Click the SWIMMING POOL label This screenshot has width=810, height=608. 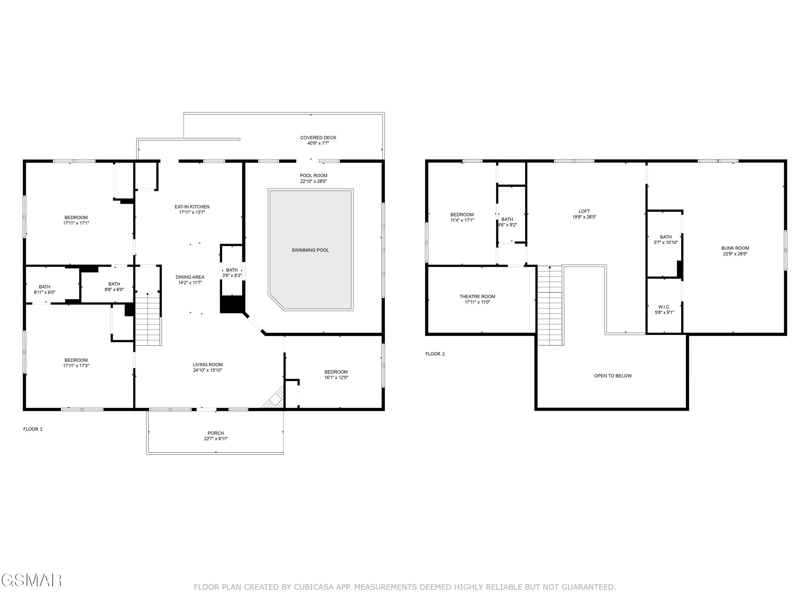click(310, 250)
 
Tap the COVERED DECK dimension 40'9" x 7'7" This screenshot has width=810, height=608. click(318, 143)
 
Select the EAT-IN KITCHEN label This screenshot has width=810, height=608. click(192, 207)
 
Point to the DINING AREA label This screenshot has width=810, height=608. click(190, 277)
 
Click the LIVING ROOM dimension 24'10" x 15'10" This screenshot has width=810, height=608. click(208, 370)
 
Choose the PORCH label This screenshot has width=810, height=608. click(216, 433)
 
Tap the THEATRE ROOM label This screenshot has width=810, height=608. click(477, 296)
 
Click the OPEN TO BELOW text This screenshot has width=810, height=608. click(613, 376)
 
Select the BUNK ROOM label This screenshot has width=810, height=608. click(735, 248)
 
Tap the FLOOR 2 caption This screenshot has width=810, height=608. click(435, 354)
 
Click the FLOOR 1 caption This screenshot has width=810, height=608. click(33, 429)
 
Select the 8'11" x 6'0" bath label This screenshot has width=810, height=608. click(45, 292)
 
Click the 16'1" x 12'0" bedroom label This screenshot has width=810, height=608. click(336, 378)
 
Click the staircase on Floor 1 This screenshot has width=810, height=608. click(148, 319)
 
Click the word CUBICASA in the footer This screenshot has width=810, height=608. click(313, 587)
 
